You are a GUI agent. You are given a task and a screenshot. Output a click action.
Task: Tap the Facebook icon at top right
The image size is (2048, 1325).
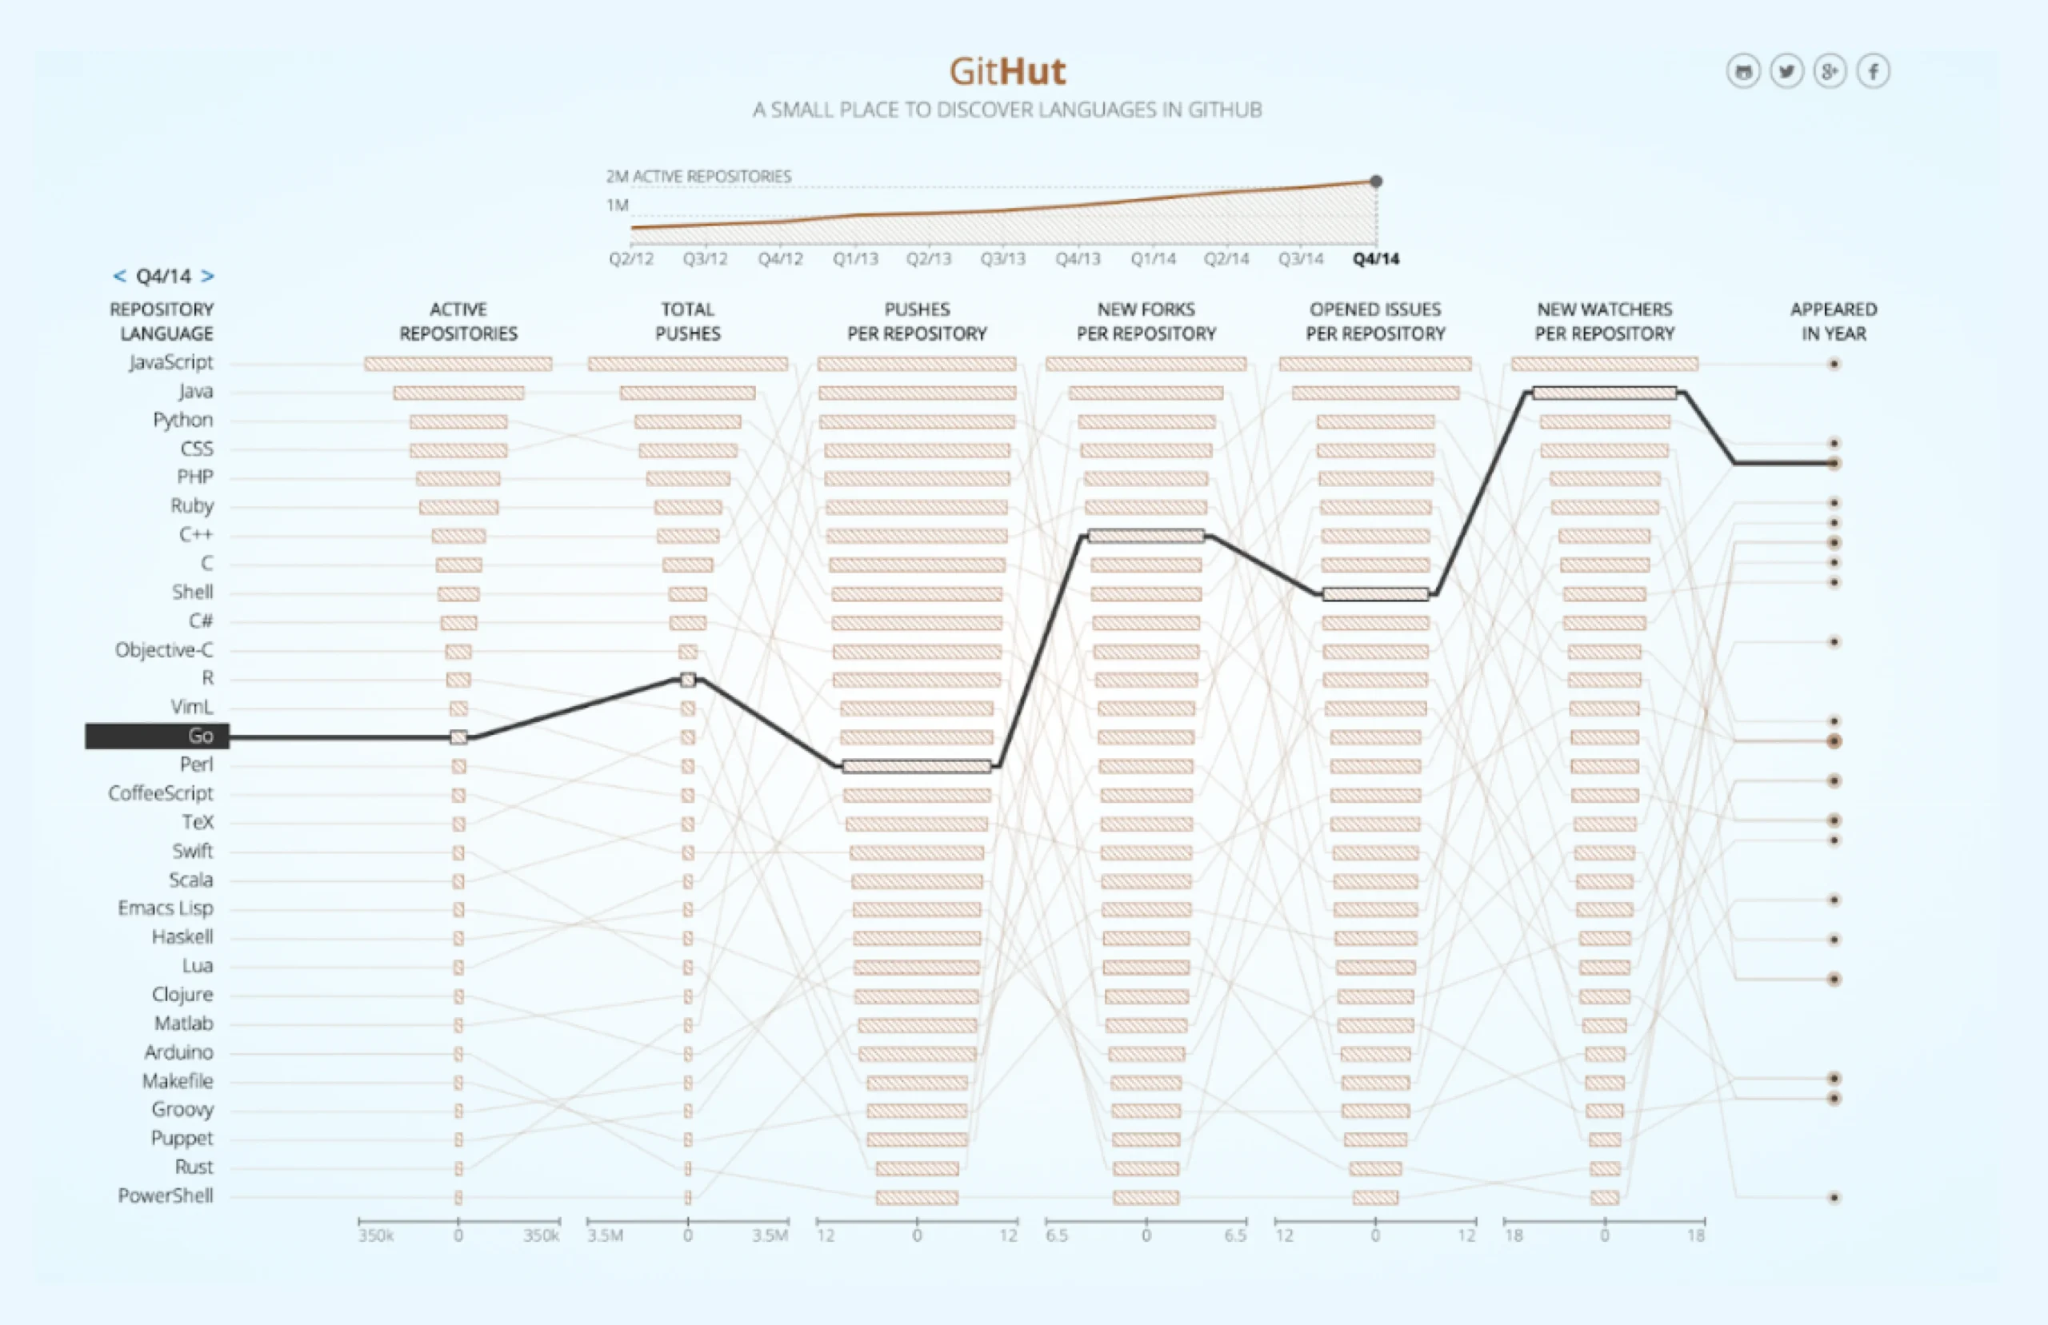click(x=1873, y=71)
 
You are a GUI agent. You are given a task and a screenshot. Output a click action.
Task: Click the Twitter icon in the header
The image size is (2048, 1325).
click(x=1786, y=71)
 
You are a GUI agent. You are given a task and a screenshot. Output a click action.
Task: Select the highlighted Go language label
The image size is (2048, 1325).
click(x=157, y=736)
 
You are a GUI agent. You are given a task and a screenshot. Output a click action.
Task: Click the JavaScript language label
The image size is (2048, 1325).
click(x=170, y=362)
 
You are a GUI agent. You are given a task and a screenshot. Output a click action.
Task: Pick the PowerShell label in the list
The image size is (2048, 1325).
click(x=166, y=1196)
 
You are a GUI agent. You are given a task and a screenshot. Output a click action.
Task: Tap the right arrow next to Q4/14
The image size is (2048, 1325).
click(x=207, y=276)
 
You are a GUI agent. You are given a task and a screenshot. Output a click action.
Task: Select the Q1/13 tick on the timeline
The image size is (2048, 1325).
click(x=854, y=259)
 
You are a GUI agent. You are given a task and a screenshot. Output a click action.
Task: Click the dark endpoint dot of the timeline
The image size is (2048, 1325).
click(x=1376, y=182)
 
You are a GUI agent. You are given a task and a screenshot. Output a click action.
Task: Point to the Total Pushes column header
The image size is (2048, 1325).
click(x=687, y=321)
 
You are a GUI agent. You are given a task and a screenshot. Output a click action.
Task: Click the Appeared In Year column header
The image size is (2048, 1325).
click(x=1833, y=321)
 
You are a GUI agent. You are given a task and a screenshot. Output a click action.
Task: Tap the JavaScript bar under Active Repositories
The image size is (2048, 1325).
click(x=458, y=364)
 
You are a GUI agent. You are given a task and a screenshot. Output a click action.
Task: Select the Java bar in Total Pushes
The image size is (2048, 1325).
click(x=687, y=393)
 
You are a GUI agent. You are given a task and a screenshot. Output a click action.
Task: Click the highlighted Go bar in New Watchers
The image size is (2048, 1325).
click(x=1604, y=393)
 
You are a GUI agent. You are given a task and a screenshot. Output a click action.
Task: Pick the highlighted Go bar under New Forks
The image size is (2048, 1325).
click(x=1146, y=536)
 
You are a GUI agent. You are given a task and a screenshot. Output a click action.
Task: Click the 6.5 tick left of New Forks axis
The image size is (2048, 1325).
click(x=1057, y=1235)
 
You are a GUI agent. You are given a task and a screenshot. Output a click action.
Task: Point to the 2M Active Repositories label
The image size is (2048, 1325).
click(x=698, y=177)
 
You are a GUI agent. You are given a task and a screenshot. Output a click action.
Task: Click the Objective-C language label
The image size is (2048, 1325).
click(x=163, y=649)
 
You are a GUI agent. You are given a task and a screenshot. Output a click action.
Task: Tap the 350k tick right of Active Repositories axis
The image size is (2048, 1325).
click(x=542, y=1235)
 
